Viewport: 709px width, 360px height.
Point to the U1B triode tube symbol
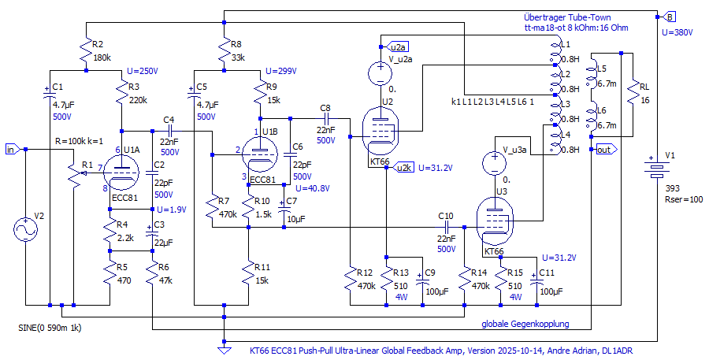pos(258,153)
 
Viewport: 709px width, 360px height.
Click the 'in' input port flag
pos(11,149)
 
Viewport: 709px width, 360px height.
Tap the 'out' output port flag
pos(607,150)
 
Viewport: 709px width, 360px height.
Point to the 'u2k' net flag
pos(403,167)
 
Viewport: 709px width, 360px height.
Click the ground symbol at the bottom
pos(225,342)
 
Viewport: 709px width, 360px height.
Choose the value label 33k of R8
pos(238,58)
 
